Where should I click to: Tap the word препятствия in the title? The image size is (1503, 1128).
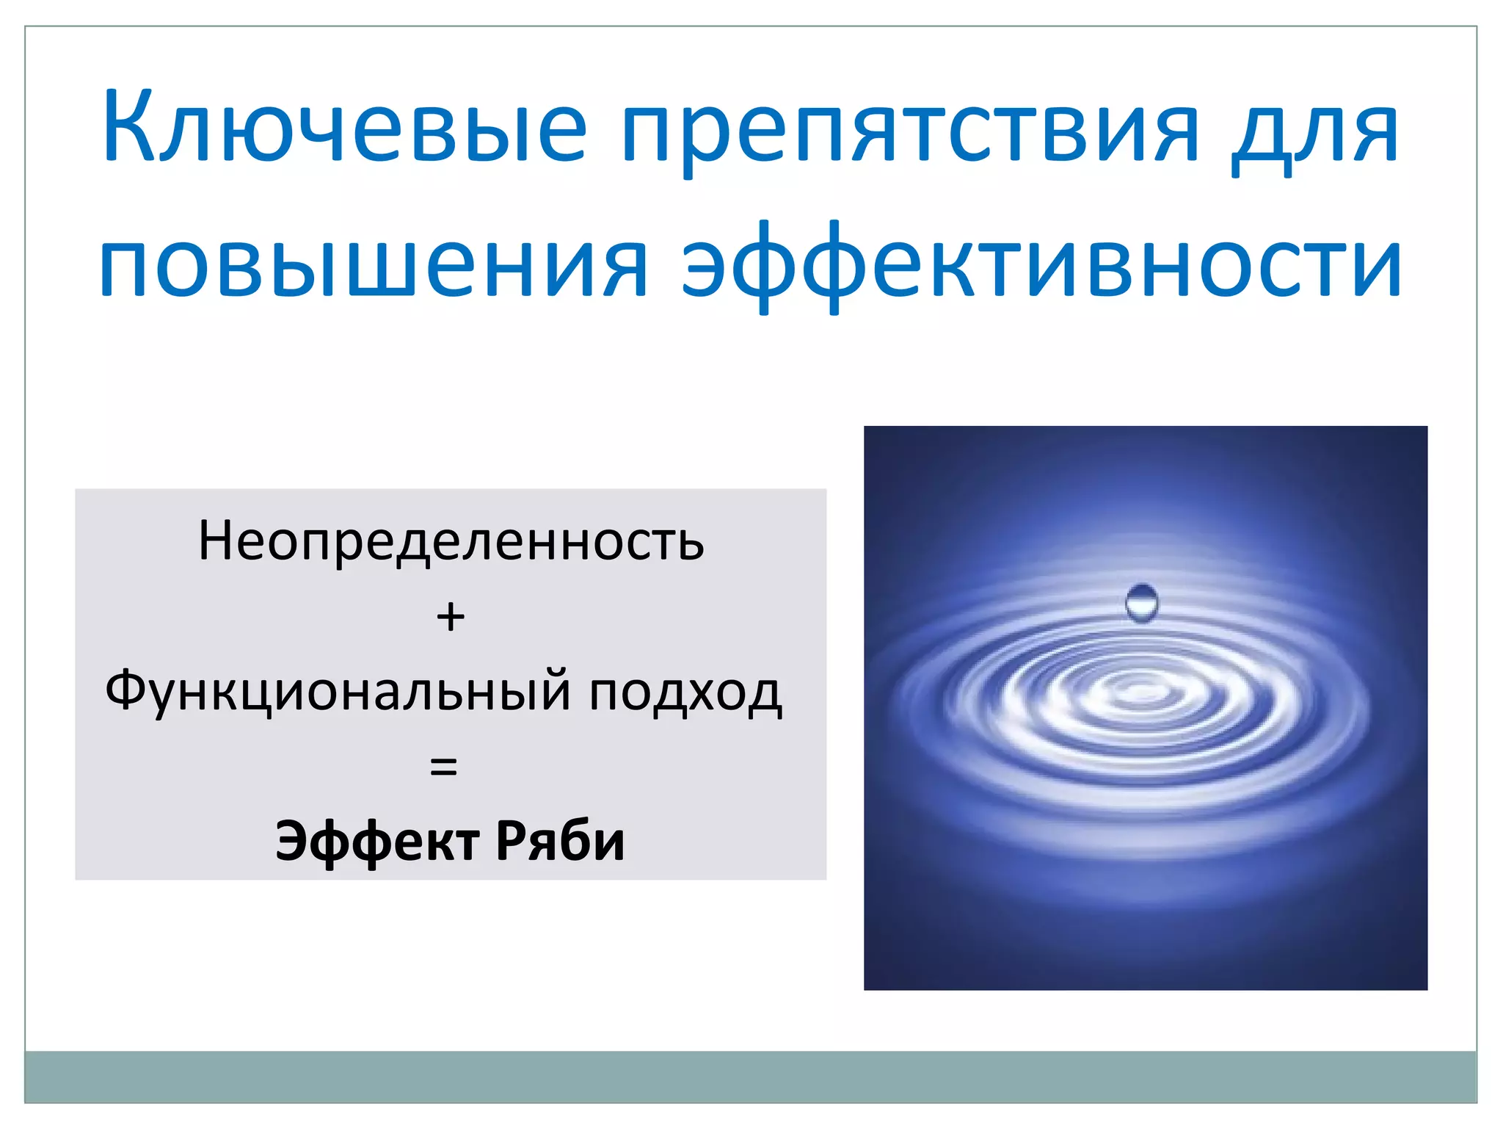click(910, 132)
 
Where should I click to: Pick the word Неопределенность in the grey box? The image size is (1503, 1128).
click(451, 542)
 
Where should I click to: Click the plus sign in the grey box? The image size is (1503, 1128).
click(451, 617)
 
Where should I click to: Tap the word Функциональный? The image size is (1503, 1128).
click(338, 692)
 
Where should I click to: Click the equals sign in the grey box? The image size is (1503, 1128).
click(443, 767)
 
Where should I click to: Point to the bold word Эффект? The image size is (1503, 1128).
click(378, 842)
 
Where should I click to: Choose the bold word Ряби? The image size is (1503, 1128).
click(560, 840)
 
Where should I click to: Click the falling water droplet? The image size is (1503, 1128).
click(1141, 603)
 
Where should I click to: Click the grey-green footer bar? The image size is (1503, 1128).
click(750, 1076)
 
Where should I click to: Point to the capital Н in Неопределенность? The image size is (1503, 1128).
click(216, 541)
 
